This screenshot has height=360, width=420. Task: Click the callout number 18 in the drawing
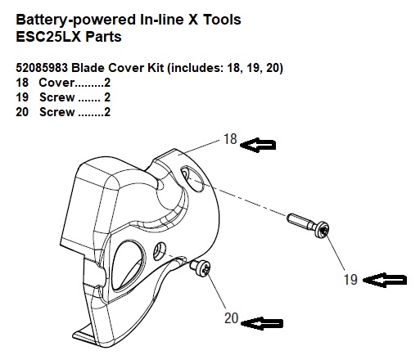tap(230, 139)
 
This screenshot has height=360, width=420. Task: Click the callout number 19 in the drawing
tap(350, 280)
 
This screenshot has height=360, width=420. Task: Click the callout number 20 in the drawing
tap(232, 318)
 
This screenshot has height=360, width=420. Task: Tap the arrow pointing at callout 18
tap(258, 145)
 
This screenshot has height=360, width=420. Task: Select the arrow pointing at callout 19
tap(386, 280)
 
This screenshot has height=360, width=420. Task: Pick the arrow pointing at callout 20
tap(261, 323)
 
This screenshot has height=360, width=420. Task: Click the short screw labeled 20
tap(201, 268)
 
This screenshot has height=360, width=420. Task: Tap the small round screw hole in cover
tap(160, 251)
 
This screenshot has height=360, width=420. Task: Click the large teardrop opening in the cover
tap(128, 264)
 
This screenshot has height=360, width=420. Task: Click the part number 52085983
tap(42, 68)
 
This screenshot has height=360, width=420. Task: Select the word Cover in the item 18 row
tap(56, 83)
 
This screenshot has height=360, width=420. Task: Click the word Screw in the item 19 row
tap(57, 97)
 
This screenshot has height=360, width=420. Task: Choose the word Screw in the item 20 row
tap(57, 112)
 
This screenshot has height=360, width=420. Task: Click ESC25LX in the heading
tap(48, 37)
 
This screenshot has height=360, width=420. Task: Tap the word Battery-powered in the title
tap(76, 20)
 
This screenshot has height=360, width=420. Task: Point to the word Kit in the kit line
tap(156, 68)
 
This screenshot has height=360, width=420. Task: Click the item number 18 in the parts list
tap(22, 83)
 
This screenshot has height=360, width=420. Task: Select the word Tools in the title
tap(222, 20)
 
